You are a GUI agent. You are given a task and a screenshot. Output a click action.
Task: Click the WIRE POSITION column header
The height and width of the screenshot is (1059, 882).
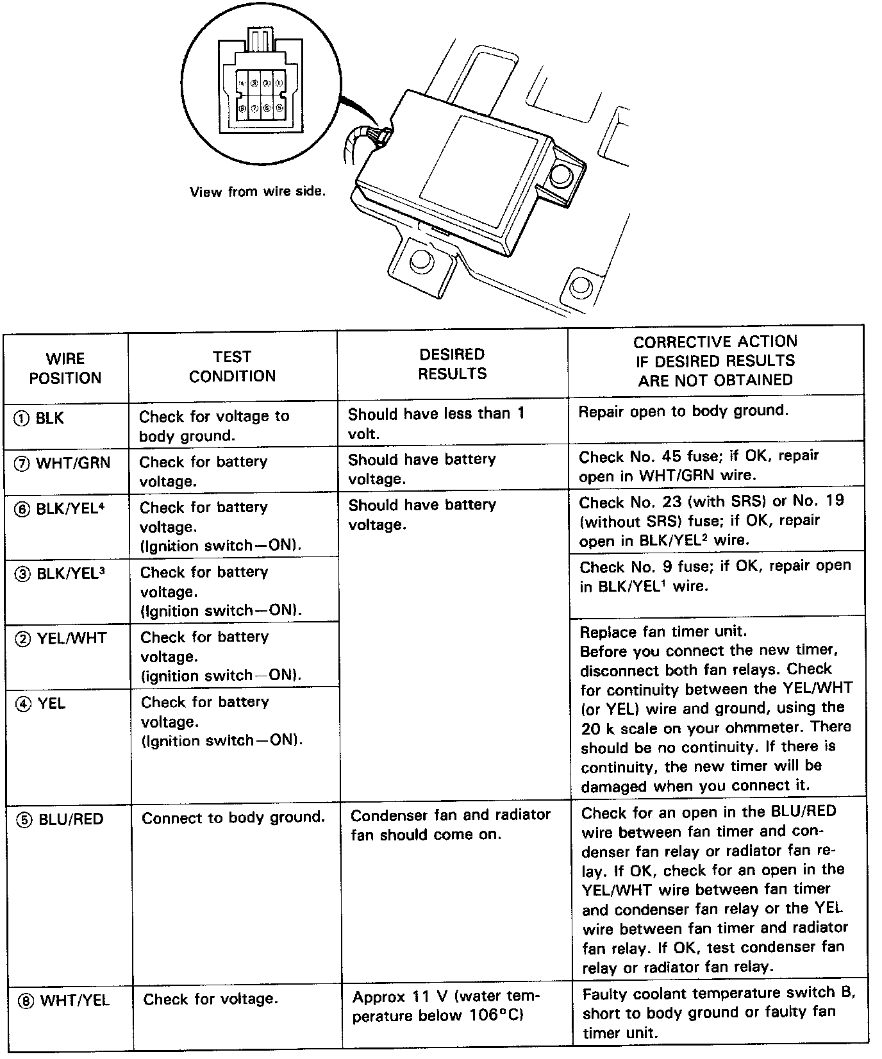tap(65, 368)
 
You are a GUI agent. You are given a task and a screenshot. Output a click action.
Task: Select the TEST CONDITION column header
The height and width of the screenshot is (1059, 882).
tap(232, 366)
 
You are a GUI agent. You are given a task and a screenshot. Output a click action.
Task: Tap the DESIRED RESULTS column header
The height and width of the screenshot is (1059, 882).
tap(452, 363)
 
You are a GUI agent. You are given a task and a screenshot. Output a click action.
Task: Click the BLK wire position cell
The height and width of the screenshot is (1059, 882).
tap(40, 419)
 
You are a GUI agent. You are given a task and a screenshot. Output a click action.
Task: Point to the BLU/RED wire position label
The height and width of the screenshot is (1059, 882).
tap(62, 819)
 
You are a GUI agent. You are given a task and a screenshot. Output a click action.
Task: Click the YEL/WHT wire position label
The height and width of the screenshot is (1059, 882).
tap(62, 638)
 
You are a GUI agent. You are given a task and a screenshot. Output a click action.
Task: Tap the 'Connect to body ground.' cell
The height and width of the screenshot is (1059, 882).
tap(233, 818)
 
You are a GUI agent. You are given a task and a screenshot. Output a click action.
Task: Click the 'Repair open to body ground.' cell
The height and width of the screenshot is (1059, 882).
tap(683, 412)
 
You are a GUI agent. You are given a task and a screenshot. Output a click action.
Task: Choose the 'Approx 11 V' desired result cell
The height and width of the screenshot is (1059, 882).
tap(446, 1006)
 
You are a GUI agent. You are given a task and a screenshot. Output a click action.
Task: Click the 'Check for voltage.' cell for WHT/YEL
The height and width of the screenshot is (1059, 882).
tap(211, 999)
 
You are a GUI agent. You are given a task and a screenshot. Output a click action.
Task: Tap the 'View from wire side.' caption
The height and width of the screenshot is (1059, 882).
tap(258, 192)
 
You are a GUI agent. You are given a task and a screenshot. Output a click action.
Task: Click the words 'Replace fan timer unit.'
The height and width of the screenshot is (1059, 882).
tap(663, 631)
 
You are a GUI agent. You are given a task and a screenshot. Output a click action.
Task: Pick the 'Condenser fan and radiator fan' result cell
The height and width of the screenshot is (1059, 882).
tap(450, 824)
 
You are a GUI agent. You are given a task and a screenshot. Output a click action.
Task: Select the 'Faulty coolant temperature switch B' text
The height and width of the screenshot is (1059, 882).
tap(719, 994)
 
